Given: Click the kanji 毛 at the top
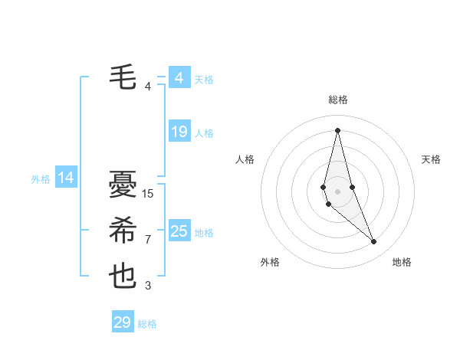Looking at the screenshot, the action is pyautogui.click(x=122, y=77).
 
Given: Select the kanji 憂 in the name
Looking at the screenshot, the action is pyautogui.click(x=122, y=185).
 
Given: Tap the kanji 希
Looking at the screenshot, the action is pyautogui.click(x=122, y=231).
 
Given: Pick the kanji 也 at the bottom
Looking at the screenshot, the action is pyautogui.click(x=122, y=277).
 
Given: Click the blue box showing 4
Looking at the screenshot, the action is pyautogui.click(x=179, y=78).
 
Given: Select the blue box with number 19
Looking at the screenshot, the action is pyautogui.click(x=179, y=132).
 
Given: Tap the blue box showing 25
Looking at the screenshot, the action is pyautogui.click(x=179, y=231).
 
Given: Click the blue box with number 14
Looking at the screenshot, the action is pyautogui.click(x=66, y=178).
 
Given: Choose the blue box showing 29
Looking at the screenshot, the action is pyautogui.click(x=122, y=322).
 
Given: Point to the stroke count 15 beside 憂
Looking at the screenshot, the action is pyautogui.click(x=148, y=194).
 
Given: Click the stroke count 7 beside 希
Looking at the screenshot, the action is pyautogui.click(x=148, y=240).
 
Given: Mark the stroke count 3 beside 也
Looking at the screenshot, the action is pyautogui.click(x=148, y=286).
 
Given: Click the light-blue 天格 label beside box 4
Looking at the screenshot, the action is pyautogui.click(x=204, y=80).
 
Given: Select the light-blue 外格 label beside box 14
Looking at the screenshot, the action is pyautogui.click(x=41, y=179).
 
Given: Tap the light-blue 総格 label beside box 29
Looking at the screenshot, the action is pyautogui.click(x=147, y=324).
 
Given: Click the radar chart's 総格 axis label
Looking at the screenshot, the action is pyautogui.click(x=337, y=100).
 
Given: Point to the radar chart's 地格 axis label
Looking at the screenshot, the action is pyautogui.click(x=402, y=262).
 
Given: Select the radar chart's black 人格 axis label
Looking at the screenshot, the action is pyautogui.click(x=245, y=159).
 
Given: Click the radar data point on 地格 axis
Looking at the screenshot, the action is pyautogui.click(x=374, y=242).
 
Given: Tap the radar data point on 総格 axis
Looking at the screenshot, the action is pyautogui.click(x=337, y=129).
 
